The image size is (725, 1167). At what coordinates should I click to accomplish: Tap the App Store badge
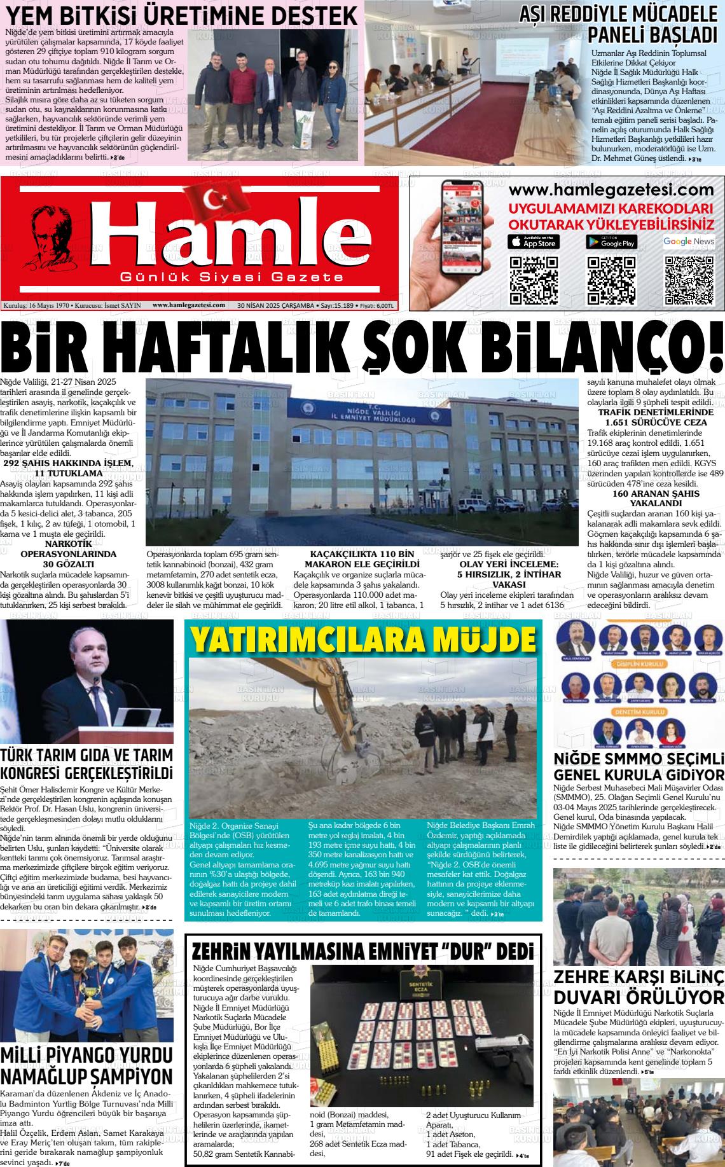(x=534, y=242)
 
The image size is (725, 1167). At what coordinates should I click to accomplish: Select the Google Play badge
(x=611, y=242)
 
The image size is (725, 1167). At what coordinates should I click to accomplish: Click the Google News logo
(x=689, y=242)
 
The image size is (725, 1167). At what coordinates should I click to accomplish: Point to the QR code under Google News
(x=689, y=280)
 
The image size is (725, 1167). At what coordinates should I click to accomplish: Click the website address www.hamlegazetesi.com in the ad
(x=612, y=190)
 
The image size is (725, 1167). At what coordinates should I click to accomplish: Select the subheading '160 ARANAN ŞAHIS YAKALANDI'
(x=647, y=498)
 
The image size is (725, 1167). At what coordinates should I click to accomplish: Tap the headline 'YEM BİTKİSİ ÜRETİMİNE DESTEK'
(x=181, y=15)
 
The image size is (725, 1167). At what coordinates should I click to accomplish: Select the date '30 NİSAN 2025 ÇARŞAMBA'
(x=275, y=305)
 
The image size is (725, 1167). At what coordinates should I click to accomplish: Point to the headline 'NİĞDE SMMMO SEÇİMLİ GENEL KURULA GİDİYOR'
(x=639, y=768)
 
